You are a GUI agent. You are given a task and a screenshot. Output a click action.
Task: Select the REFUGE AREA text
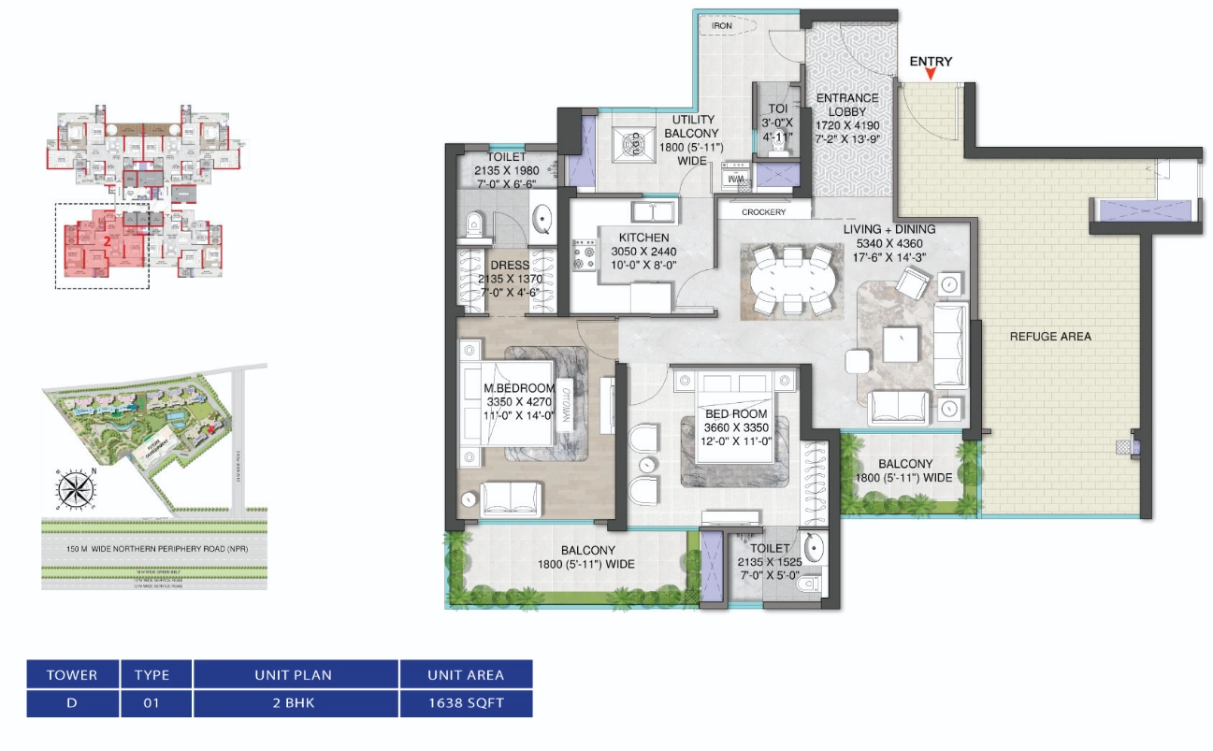click(x=1049, y=337)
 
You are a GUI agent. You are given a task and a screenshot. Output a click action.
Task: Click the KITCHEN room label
click(x=643, y=238)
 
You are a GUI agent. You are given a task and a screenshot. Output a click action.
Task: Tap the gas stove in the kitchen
click(x=586, y=255)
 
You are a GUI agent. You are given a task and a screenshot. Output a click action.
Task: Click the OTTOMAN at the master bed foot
click(x=565, y=408)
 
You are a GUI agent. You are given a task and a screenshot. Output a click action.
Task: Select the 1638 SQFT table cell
click(x=465, y=703)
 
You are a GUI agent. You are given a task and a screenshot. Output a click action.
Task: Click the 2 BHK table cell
click(x=295, y=703)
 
